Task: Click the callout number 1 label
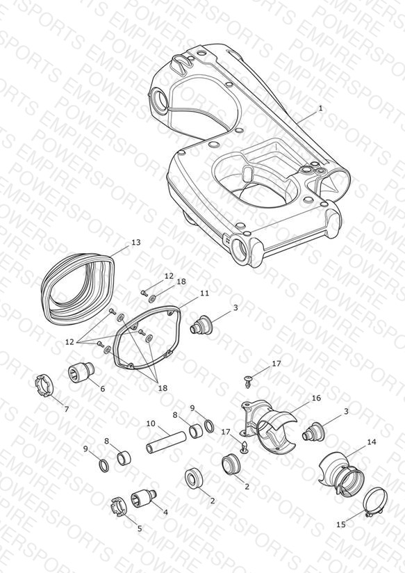[320, 108]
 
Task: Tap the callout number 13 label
[136, 242]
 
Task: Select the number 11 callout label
[204, 293]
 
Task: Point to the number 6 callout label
[103, 389]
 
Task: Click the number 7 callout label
[67, 410]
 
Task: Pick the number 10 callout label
[151, 423]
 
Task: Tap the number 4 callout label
[165, 513]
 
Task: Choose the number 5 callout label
[140, 528]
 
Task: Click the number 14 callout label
[372, 442]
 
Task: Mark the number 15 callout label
[340, 524]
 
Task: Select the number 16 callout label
[316, 398]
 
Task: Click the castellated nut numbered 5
[119, 507]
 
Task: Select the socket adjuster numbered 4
[143, 499]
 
